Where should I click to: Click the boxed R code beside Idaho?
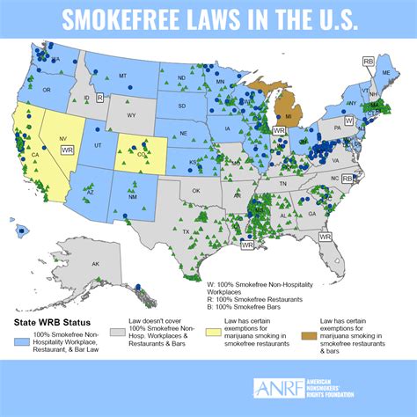pyautogui.click(x=100, y=98)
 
